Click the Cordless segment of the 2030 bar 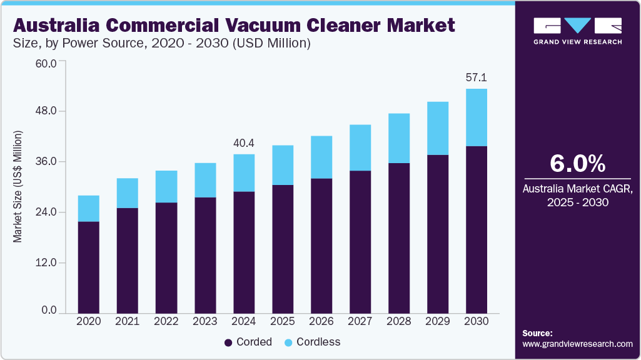pos(477,117)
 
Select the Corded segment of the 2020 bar pos(89,267)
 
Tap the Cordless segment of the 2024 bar pos(244,172)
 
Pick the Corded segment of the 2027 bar pos(360,241)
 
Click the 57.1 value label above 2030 pos(477,78)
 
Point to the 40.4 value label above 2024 pos(244,144)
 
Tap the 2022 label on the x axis pos(166,321)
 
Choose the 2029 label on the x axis pos(438,321)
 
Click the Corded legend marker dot pos(229,342)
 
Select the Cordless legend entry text pos(318,342)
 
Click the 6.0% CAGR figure pos(577,163)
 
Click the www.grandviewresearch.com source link pos(577,344)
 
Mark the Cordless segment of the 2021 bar pos(128,193)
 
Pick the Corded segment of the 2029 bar pos(438,234)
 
